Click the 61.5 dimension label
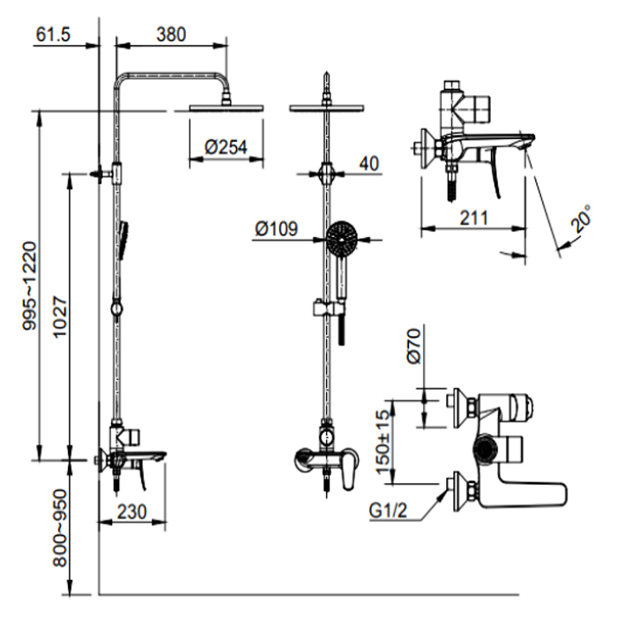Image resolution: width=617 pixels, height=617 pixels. (53, 34)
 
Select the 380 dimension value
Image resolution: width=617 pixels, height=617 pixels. (171, 34)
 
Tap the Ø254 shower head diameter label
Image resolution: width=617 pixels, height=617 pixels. (227, 147)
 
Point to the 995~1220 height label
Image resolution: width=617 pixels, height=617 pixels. (30, 286)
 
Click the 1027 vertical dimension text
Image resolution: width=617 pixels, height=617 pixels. (60, 317)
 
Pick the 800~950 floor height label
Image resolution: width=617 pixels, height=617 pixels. (60, 528)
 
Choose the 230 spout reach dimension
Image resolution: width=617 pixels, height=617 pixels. (132, 512)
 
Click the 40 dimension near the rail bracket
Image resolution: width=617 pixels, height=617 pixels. (369, 163)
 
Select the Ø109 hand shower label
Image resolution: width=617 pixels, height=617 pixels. (277, 228)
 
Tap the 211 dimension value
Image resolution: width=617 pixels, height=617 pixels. (474, 218)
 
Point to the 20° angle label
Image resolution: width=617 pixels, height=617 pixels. (581, 219)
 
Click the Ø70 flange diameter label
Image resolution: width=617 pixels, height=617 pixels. (414, 346)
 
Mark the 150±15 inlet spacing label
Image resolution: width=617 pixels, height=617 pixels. (383, 442)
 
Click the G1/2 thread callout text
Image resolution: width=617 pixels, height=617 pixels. (388, 511)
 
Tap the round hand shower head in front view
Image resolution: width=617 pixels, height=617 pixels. (342, 237)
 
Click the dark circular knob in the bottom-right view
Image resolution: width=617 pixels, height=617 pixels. (486, 450)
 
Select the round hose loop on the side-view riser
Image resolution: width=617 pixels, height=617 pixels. (117, 308)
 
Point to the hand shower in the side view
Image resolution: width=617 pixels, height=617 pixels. (123, 240)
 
